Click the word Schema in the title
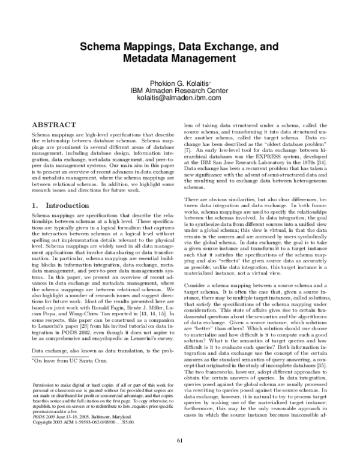(102, 45)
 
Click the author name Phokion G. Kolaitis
(180, 82)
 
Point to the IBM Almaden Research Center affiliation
(180, 90)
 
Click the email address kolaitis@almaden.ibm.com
(180, 98)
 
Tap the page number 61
(179, 457)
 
